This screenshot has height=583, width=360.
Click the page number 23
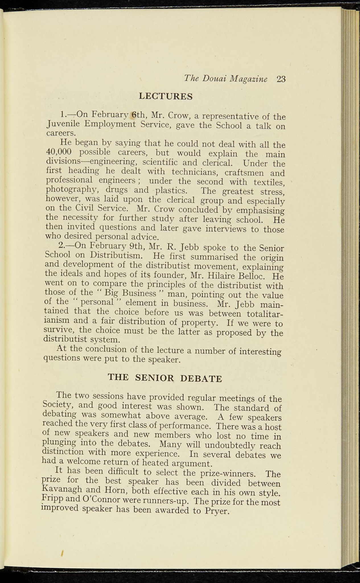(281, 79)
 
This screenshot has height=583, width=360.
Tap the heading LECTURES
(166, 96)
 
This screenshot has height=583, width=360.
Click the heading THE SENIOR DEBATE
(165, 378)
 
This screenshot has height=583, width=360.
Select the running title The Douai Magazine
(226, 79)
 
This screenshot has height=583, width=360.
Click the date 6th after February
(139, 115)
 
